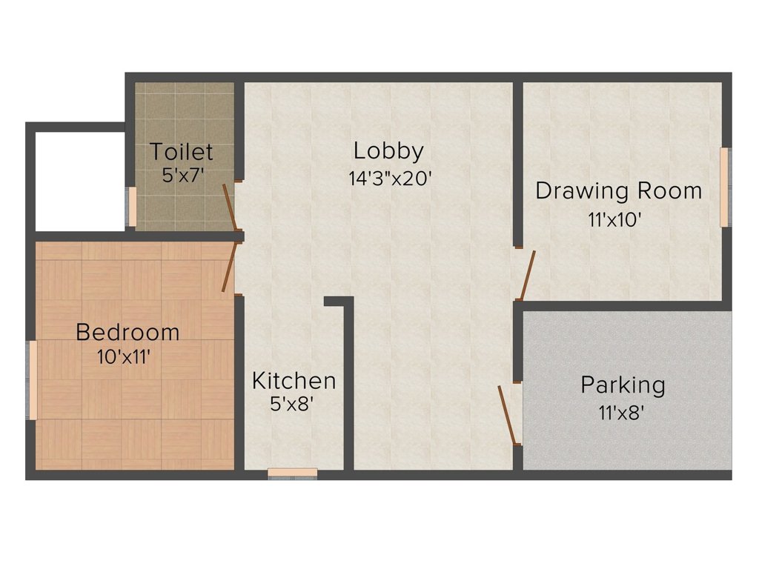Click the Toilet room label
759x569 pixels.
coord(182,152)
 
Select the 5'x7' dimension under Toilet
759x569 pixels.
coord(182,176)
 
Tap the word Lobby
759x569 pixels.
coord(388,150)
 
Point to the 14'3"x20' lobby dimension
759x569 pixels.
coord(389,179)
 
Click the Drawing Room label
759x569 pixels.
coord(618,190)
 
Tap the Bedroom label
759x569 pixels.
coord(127,332)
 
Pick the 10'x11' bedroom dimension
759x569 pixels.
coord(124,357)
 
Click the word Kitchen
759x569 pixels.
coord(294,381)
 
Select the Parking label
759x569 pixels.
coord(623,385)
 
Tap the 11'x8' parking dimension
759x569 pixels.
coord(621,412)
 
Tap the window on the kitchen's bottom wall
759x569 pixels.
coord(293,473)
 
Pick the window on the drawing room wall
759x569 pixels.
coord(724,187)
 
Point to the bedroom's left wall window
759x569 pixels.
coord(33,380)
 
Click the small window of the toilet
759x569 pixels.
coord(132,207)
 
